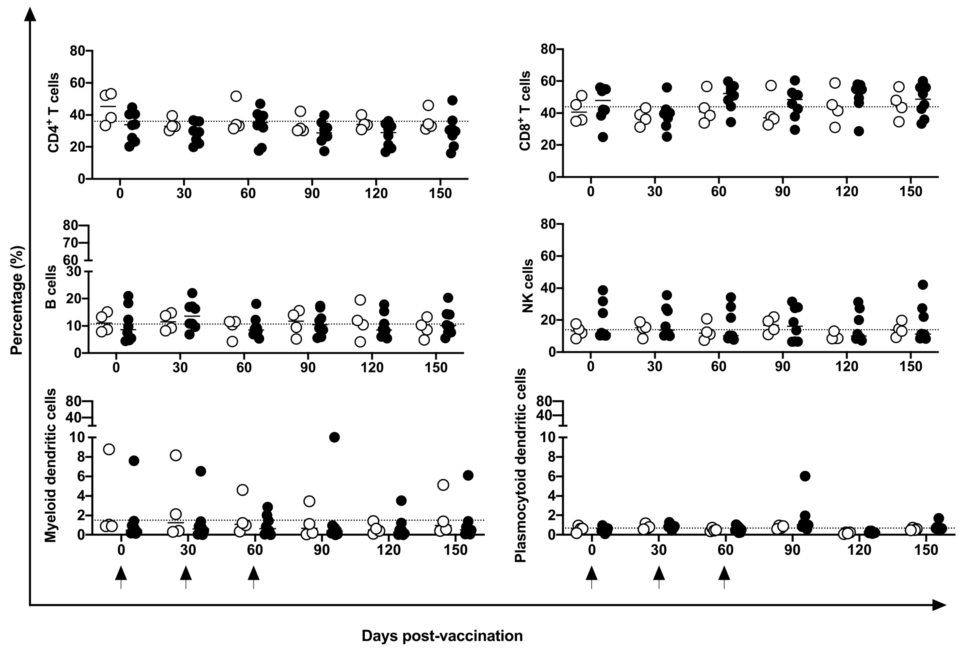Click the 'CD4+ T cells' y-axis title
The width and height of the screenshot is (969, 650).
[x=53, y=113]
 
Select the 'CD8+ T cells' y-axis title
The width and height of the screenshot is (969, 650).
[x=524, y=111]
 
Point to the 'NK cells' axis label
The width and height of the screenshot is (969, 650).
[x=527, y=286]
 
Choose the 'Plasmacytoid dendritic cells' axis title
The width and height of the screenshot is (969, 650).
[x=520, y=465]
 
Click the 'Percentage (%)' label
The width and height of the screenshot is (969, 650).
[x=17, y=300]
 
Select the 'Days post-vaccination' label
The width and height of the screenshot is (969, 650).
[x=442, y=636]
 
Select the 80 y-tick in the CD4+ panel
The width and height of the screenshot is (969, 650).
[x=77, y=51]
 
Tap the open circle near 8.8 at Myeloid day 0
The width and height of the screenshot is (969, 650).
[x=109, y=449]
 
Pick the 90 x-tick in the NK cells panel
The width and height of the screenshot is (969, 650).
[x=783, y=367]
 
